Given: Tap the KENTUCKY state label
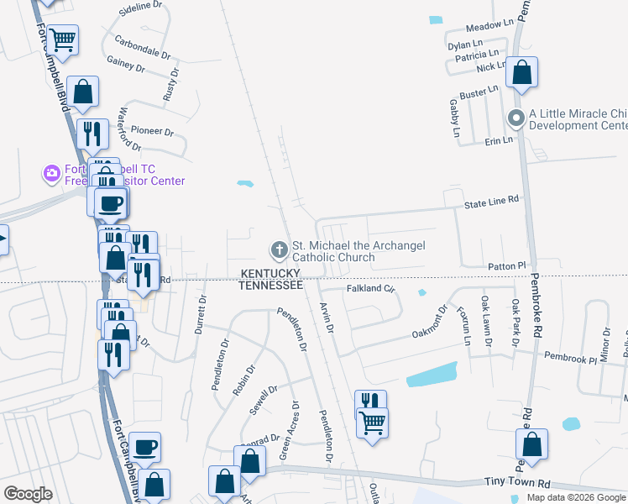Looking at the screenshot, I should click(271, 274).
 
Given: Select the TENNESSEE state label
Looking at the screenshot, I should click(270, 286).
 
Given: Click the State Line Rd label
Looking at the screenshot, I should click(493, 201).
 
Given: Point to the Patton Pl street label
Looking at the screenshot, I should click(505, 265).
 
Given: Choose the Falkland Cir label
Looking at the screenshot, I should click(370, 289).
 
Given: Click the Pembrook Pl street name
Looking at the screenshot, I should click(568, 359).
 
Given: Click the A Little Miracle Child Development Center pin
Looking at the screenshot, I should click(515, 118).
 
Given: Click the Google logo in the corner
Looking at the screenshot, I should click(28, 494).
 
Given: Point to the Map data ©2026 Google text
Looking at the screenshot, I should click(576, 497).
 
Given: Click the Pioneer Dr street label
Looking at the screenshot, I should click(151, 132).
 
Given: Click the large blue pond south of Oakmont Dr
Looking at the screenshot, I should click(432, 375).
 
